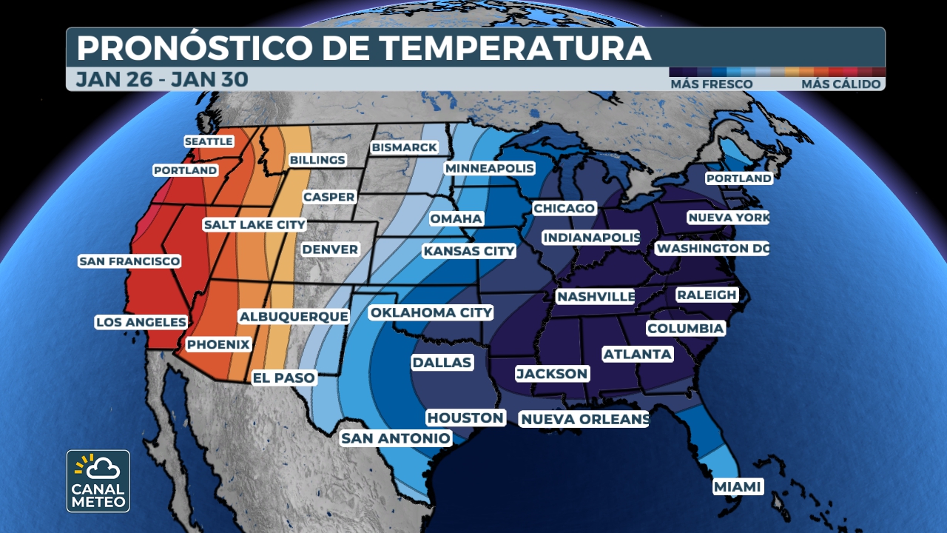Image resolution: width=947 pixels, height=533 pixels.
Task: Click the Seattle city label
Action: point(209,141)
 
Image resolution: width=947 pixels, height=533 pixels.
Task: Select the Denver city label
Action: point(330,249)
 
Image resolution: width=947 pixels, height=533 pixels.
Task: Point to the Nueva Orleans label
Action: point(584,420)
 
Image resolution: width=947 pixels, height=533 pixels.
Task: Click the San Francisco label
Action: point(129,261)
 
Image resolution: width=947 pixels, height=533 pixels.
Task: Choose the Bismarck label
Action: point(405,147)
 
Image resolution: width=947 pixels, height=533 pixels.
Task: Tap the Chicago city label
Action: point(564,209)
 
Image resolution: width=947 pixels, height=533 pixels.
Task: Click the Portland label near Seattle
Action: point(186,170)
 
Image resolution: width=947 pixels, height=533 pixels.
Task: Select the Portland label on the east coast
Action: point(738,178)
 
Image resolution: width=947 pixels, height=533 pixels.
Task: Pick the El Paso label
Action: point(284,378)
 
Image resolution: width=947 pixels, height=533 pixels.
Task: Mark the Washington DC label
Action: point(712,249)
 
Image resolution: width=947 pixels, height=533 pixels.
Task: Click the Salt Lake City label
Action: point(255,224)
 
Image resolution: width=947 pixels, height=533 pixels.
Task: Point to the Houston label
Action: point(465,418)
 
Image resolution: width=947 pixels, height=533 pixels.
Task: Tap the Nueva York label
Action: point(728,218)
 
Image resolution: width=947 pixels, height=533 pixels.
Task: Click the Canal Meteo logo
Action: point(98,481)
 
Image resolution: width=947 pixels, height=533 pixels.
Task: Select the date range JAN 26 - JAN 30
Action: point(161,79)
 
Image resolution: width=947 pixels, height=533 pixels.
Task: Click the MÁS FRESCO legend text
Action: point(711,84)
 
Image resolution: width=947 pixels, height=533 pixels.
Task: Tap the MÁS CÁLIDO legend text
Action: point(840,84)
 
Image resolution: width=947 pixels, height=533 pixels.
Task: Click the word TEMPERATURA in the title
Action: point(516,48)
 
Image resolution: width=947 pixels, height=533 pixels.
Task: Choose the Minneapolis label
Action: point(489,168)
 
